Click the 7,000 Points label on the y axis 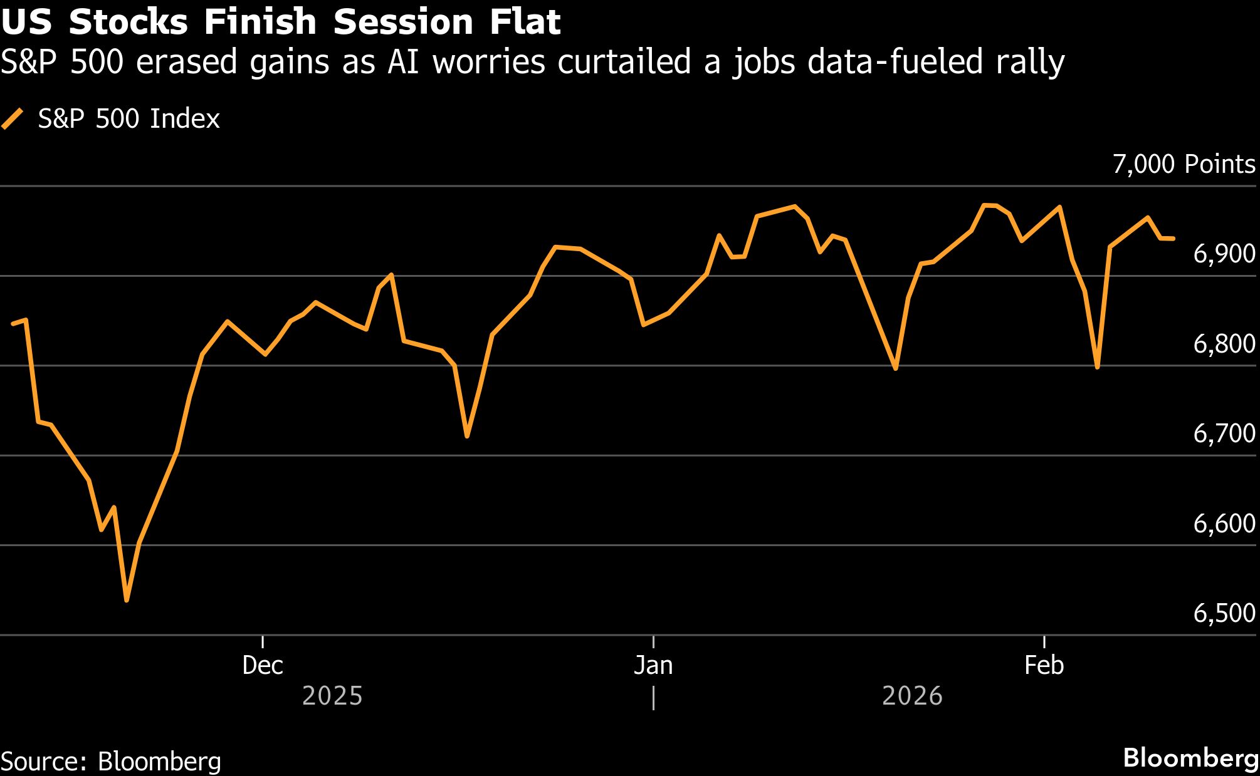[1184, 164]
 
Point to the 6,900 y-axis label [1224, 254]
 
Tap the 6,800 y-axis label [1224, 344]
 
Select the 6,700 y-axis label [1224, 433]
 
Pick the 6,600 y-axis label [1224, 524]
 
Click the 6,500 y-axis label [1224, 613]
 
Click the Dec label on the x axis [263, 665]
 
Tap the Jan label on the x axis [653, 665]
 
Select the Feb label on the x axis [1044, 665]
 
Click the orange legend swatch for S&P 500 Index [13, 119]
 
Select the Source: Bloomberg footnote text [111, 762]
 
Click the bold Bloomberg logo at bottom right [1190, 758]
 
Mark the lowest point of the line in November [127, 600]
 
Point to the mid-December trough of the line [467, 435]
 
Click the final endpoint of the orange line [1173, 239]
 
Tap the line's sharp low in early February [1097, 366]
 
